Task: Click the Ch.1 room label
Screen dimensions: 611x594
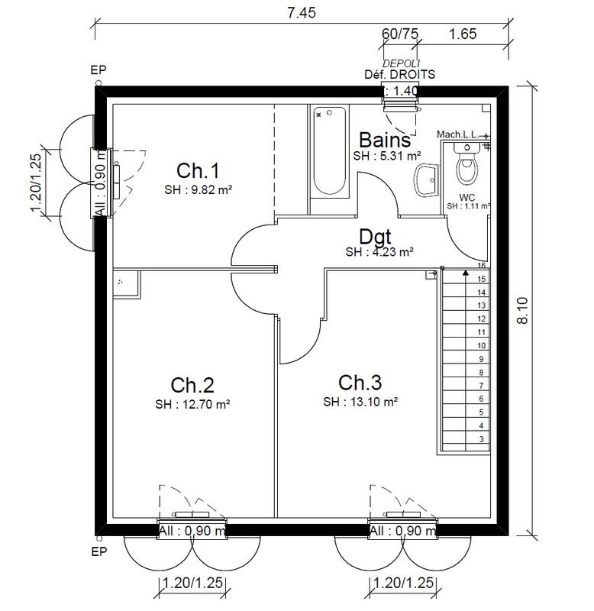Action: coord(198,170)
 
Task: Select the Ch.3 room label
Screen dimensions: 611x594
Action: coord(360,383)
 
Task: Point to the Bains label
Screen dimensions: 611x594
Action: coord(385,141)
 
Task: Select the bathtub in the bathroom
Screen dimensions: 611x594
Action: coord(329,153)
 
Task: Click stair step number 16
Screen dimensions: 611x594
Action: coord(481,266)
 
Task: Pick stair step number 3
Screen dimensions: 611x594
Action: coord(481,439)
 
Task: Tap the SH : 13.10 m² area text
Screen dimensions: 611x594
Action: coord(360,402)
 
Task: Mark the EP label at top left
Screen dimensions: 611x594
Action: coord(98,70)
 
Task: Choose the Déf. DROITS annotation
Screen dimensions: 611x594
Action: coord(400,75)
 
